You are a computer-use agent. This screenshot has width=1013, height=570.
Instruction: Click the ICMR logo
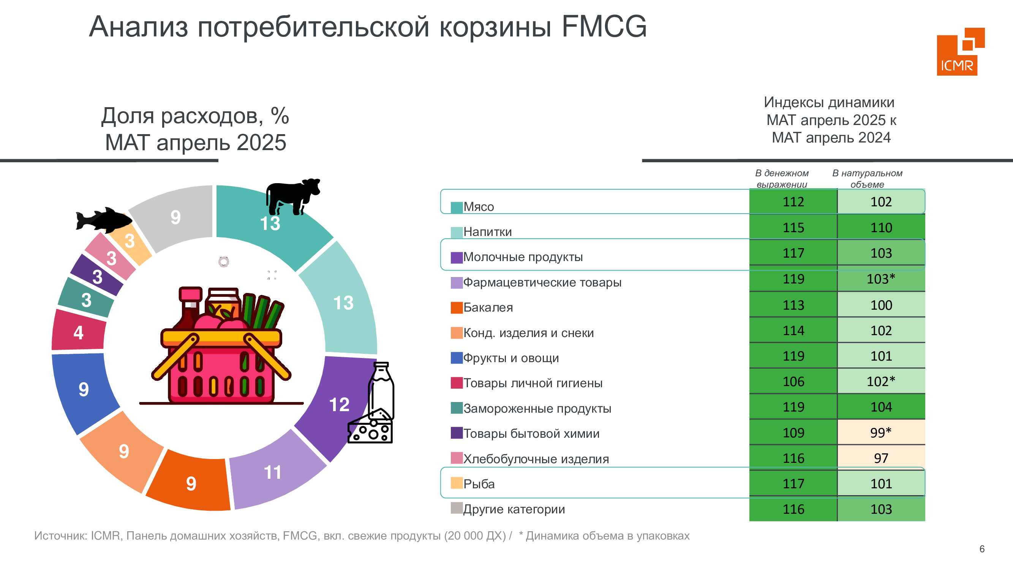click(960, 51)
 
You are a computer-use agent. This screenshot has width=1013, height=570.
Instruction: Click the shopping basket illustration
click(221, 345)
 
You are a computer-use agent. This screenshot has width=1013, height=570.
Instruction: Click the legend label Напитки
click(488, 232)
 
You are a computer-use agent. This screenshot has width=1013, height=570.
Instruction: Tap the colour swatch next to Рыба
click(457, 483)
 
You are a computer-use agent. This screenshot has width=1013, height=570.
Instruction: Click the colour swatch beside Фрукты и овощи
click(457, 358)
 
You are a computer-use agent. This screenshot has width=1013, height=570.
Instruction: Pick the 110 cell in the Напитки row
click(881, 227)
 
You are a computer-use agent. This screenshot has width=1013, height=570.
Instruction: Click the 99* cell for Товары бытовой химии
click(881, 432)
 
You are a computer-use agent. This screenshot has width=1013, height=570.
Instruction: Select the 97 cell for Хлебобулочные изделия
click(881, 458)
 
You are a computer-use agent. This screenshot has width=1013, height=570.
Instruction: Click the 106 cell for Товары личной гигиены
click(793, 381)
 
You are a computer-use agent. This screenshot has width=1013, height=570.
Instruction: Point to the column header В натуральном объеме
click(867, 179)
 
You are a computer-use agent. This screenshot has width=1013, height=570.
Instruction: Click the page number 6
click(982, 549)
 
